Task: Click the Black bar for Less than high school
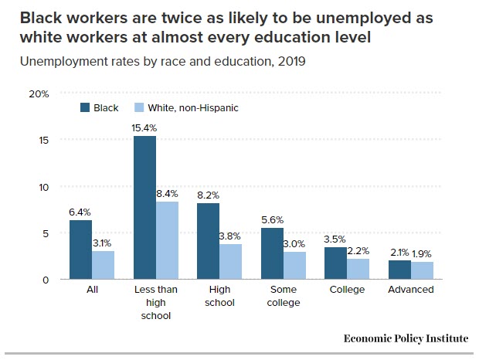tap(144, 208)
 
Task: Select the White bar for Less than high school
tap(167, 240)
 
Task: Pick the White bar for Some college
tap(294, 265)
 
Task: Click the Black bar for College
tap(335, 263)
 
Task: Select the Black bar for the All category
tap(80, 250)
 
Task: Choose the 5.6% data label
tap(273, 219)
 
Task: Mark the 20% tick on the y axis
tap(39, 93)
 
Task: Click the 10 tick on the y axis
tap(43, 187)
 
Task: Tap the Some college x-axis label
tap(283, 296)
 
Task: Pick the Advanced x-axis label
tap(410, 290)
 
